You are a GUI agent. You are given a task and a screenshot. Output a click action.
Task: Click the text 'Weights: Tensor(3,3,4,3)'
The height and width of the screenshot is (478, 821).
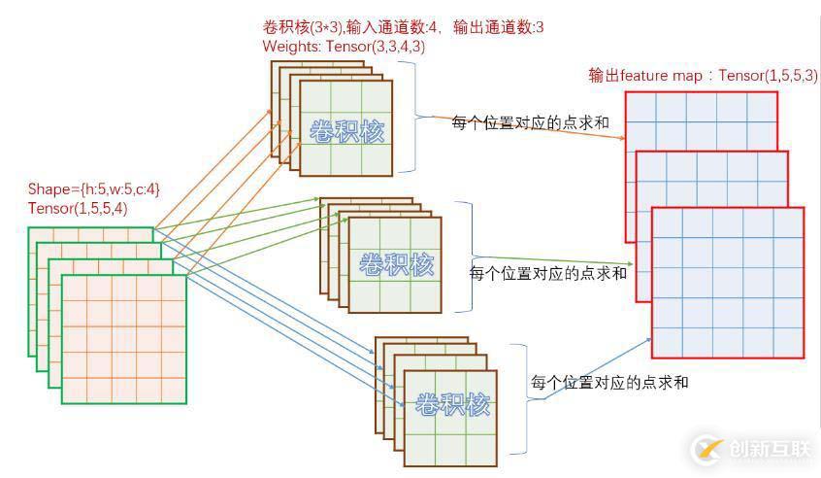click(343, 46)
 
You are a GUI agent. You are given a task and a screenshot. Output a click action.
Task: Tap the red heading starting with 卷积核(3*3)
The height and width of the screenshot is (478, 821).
click(403, 27)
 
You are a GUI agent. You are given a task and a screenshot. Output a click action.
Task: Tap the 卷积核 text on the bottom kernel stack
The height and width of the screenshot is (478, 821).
click(451, 403)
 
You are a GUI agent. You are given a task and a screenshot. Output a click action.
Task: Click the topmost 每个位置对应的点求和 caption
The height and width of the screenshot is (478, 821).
click(530, 122)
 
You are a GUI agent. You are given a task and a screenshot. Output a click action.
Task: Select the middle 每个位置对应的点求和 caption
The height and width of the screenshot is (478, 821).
click(547, 273)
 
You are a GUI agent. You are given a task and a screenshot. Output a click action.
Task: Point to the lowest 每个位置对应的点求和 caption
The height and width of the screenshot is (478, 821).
click(609, 382)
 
